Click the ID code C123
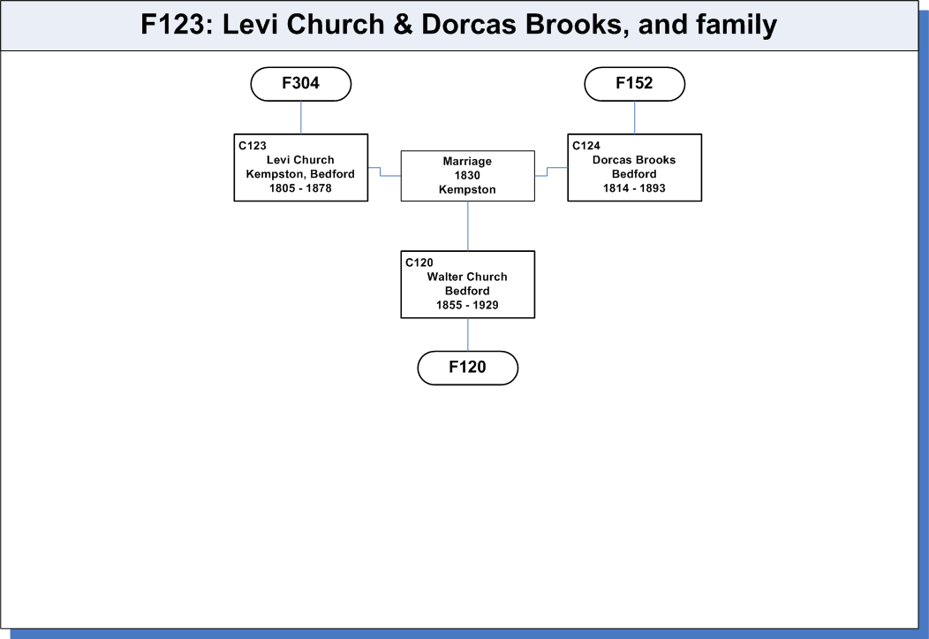253,145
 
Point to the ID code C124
586,145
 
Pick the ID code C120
419,262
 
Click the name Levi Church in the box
300,159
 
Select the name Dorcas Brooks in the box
634,159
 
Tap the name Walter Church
467,277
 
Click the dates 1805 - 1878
300,188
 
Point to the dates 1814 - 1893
634,188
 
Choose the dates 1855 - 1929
467,305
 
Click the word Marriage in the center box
467,161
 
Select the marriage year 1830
467,175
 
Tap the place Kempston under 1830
467,190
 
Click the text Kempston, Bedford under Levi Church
300,174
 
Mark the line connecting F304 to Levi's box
301,118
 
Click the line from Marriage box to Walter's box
467,226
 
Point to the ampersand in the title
403,24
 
